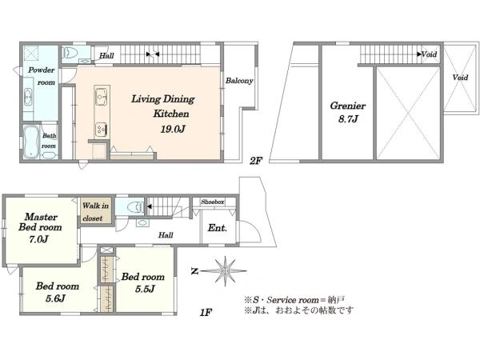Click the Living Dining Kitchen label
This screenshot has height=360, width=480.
coord(163,106)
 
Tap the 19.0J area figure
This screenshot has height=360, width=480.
coord(173,129)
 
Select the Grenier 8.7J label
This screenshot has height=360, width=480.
coord(348,112)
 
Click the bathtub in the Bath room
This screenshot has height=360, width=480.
coord(31,142)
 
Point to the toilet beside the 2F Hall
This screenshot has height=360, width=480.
coord(70,54)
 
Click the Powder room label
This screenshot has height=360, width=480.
coord(42,76)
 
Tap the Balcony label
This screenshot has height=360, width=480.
coord(239,81)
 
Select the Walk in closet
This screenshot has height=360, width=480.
coord(95,211)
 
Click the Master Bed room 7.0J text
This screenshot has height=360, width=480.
coord(40,228)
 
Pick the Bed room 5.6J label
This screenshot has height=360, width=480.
coord(58,292)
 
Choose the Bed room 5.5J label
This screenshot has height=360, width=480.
coord(143,282)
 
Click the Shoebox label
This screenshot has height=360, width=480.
coord(213,202)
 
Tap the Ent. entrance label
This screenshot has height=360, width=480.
coord(218,228)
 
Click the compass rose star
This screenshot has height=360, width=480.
coord(226,270)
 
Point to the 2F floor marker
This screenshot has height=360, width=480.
coord(256,161)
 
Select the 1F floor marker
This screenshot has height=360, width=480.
coord(206,312)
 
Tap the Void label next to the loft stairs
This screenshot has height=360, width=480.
coord(429,54)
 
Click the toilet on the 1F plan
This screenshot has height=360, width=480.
coord(136,207)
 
